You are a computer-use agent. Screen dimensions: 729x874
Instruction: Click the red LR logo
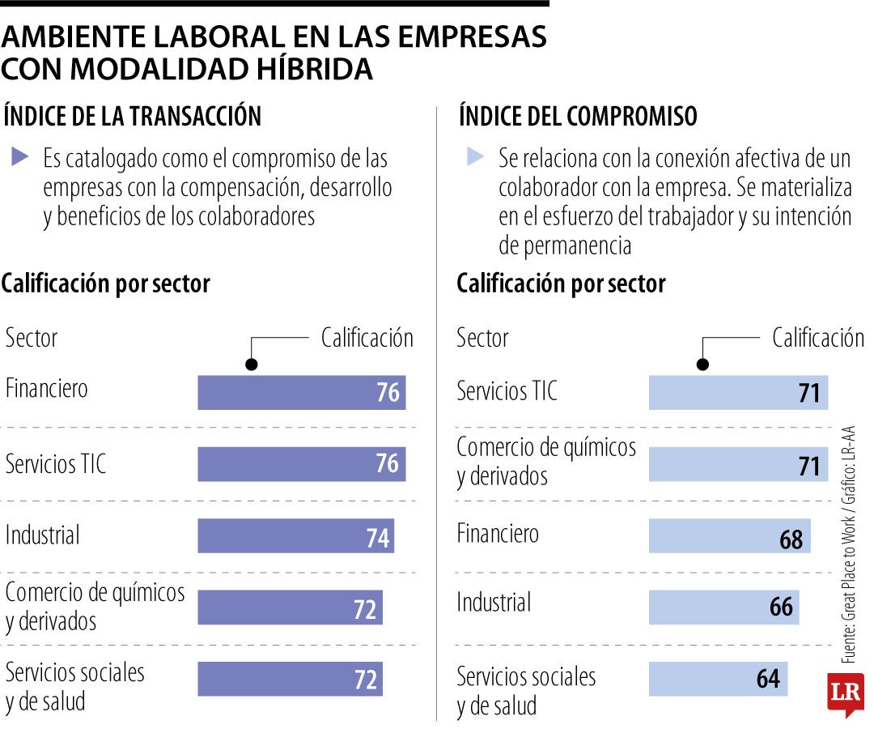(845, 693)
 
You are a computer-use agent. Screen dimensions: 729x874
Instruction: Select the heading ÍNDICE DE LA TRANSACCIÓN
(133, 116)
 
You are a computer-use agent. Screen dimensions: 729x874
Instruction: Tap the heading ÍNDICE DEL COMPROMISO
(577, 116)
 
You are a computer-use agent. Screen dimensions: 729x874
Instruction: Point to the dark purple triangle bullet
(21, 156)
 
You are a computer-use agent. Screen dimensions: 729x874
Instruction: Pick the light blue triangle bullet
(476, 156)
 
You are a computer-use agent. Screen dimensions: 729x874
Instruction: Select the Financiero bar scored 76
(301, 392)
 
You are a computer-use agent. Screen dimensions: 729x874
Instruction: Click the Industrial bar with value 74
(295, 536)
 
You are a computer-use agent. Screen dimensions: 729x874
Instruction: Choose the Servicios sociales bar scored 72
(290, 679)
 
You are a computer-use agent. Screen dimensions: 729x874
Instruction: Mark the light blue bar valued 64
(717, 679)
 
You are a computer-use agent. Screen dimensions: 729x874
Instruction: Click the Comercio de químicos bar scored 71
(739, 465)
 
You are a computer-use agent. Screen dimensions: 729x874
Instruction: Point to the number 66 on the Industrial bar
(781, 607)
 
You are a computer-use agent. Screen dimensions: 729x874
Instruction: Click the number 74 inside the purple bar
(377, 537)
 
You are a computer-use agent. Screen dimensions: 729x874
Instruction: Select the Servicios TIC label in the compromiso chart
(507, 391)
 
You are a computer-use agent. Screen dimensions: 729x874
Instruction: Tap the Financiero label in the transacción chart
(47, 389)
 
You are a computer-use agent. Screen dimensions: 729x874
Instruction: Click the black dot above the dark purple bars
(252, 364)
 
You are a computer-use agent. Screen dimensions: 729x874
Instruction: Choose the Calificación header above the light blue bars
(817, 338)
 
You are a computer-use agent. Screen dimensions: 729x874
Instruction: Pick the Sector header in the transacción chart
(32, 338)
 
